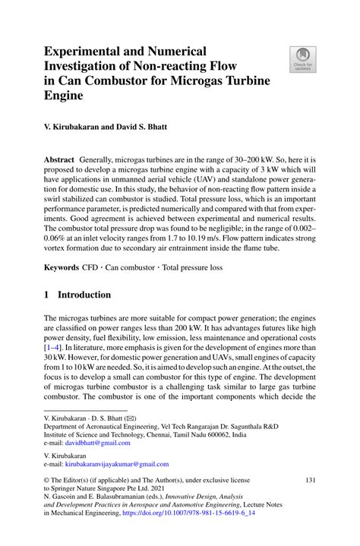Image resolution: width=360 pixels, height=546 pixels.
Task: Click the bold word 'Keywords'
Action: tap(62, 267)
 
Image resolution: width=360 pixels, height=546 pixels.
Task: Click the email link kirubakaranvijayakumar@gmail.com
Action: tap(115, 463)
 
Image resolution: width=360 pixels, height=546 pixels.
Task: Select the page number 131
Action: tap(309, 481)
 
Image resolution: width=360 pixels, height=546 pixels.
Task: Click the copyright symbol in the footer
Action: tap(47, 481)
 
